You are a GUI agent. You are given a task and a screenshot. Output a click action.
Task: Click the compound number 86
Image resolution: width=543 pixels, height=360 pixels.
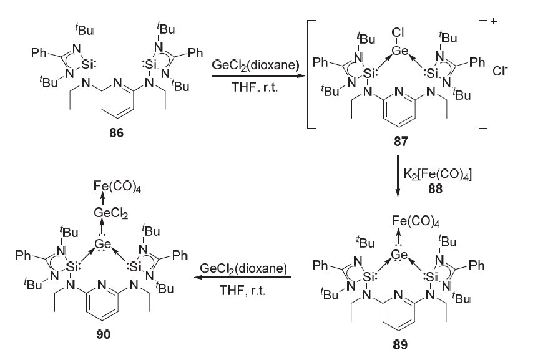[x=116, y=132]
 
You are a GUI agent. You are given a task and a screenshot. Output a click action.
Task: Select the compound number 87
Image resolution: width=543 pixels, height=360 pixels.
[x=401, y=141]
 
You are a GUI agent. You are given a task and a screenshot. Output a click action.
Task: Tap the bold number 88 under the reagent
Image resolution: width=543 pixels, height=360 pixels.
[x=435, y=188]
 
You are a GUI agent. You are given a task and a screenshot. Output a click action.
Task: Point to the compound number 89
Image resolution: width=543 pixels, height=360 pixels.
[x=400, y=344]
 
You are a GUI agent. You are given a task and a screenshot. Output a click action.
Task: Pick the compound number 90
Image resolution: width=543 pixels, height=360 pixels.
[x=104, y=334]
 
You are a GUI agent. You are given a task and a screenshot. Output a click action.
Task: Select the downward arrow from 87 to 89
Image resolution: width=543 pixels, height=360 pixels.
[x=398, y=176]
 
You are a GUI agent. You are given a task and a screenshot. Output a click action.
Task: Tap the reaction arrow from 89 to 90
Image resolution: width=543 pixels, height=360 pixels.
[x=242, y=277]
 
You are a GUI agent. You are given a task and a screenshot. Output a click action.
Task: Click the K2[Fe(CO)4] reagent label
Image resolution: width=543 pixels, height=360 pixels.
[x=438, y=174]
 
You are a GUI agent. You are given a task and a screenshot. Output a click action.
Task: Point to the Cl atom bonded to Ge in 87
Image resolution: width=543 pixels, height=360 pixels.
[x=398, y=32]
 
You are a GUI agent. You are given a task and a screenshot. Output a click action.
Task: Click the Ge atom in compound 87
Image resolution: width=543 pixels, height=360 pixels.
[x=400, y=51]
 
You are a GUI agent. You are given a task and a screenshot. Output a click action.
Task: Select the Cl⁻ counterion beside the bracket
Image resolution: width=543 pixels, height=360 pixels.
[x=500, y=71]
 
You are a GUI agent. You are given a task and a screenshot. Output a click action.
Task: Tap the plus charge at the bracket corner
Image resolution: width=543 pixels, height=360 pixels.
[x=494, y=21]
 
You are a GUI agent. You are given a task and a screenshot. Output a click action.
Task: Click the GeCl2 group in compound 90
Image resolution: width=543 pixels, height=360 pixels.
[x=111, y=213]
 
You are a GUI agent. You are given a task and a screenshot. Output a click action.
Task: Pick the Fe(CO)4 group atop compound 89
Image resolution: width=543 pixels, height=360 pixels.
[x=416, y=221]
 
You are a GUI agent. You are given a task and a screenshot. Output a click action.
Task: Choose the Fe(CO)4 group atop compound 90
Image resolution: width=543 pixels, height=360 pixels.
[x=117, y=187]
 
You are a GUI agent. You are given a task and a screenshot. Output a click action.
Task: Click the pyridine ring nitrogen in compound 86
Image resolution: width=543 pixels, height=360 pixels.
[x=118, y=83]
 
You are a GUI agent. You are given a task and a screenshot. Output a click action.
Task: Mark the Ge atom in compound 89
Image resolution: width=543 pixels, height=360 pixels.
[x=399, y=255]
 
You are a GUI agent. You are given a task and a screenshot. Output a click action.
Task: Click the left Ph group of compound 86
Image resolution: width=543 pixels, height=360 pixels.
[x=39, y=53]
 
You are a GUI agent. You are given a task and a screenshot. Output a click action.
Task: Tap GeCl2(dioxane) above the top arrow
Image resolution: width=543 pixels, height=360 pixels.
[x=256, y=65]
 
